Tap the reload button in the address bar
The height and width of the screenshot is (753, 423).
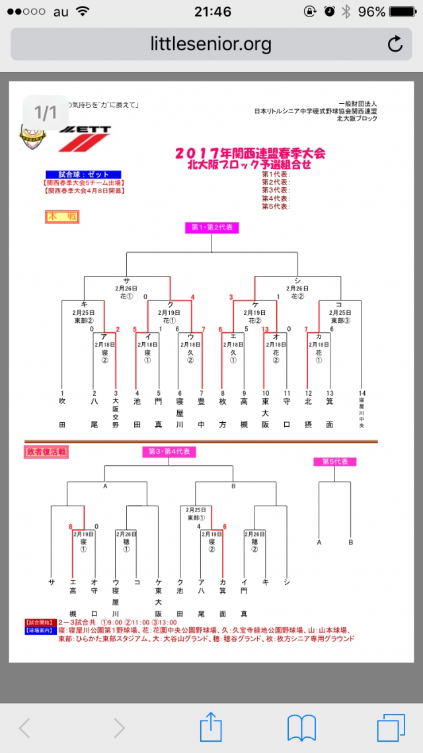point(395,44)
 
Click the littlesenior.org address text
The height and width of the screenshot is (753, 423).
point(211,44)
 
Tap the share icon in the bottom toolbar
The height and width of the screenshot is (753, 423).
point(211,727)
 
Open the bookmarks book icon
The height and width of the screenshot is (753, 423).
point(301,728)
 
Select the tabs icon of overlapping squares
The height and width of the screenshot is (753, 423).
point(391,728)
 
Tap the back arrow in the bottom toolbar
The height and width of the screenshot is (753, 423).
point(25,728)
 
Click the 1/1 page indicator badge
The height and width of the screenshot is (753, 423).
point(46,112)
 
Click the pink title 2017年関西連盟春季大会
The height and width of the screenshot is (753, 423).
point(250,154)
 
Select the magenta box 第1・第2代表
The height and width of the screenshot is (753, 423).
point(211,228)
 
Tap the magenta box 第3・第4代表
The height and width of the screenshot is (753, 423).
point(169,452)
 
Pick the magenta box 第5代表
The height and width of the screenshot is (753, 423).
point(335,462)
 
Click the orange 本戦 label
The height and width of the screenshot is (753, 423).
point(61,216)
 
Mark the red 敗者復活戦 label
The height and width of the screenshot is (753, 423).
point(47,452)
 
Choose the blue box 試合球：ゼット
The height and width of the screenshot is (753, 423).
point(88,174)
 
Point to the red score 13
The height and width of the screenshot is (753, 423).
point(265,329)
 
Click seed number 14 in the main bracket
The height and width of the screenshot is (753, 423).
point(362,393)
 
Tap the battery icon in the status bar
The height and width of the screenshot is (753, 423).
point(403,11)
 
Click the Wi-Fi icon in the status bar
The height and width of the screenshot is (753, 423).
point(83,11)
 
